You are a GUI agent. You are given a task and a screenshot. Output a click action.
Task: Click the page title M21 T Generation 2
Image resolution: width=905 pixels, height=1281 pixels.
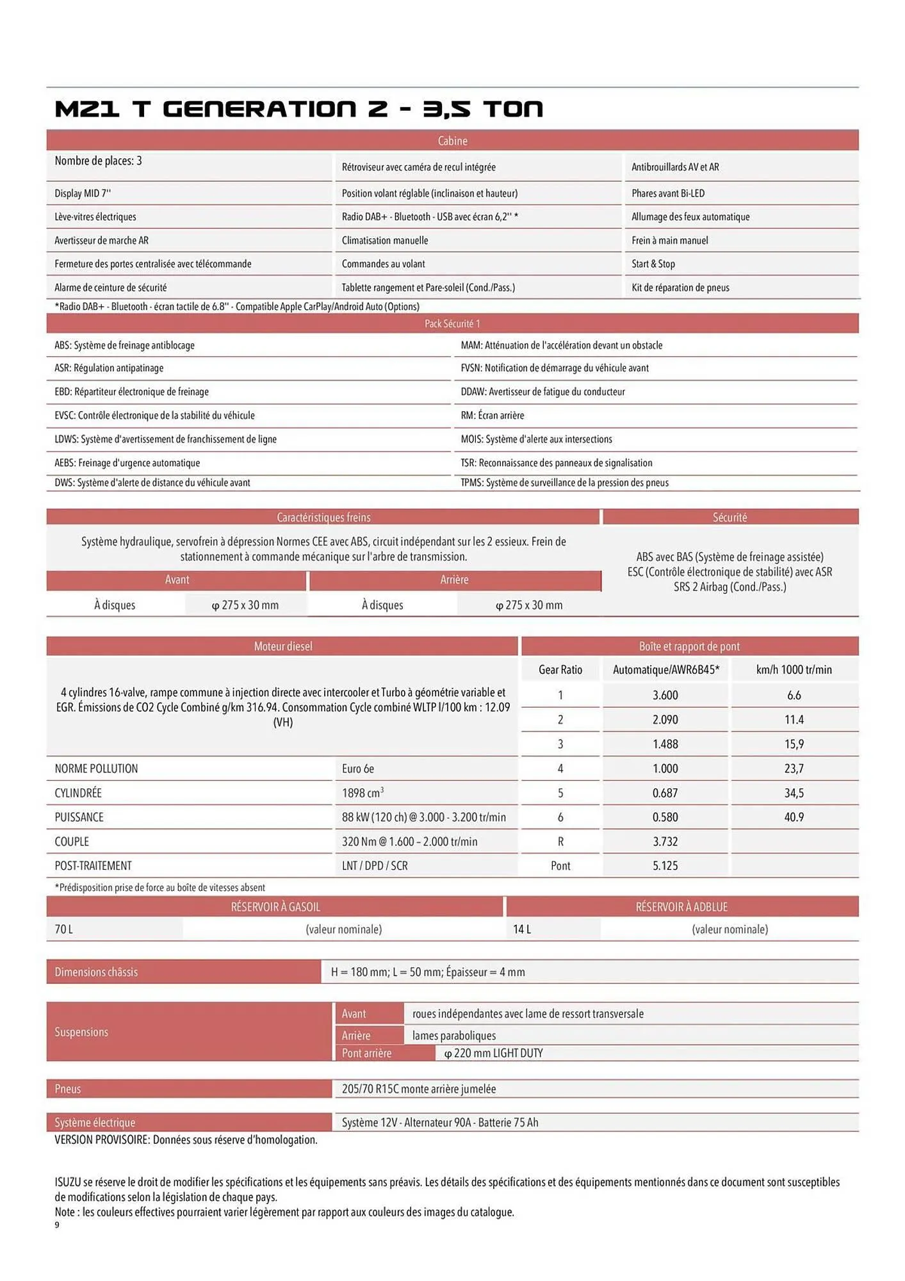pos(298,109)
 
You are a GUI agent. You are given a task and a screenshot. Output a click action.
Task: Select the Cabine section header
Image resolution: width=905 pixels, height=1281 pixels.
pos(452,141)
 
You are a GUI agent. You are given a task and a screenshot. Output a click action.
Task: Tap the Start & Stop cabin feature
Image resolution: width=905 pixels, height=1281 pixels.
pos(653,264)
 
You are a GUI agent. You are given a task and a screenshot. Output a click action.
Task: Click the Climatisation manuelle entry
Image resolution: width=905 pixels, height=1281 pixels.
pos(384,241)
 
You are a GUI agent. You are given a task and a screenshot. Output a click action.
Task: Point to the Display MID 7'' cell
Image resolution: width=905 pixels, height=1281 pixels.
pos(83,193)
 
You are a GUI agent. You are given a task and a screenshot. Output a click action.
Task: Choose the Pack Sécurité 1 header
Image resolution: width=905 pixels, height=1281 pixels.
pos(452,324)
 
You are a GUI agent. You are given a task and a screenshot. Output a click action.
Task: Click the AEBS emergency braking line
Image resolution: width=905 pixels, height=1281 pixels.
pos(127,463)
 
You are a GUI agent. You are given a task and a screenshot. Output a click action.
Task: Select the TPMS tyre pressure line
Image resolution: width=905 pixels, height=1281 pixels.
pos(564,483)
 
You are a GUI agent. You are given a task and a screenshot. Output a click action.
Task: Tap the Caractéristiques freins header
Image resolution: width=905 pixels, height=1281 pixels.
pos(323,518)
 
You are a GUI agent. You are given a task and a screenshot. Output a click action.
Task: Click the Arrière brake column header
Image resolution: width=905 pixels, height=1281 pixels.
pos(454,580)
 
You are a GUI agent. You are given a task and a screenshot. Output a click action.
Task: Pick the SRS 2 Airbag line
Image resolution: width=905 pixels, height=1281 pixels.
pos(730,587)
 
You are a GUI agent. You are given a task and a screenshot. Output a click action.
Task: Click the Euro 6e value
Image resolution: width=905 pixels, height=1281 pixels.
pos(358,769)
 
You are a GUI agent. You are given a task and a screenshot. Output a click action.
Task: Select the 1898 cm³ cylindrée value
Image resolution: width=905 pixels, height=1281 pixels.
pos(363,793)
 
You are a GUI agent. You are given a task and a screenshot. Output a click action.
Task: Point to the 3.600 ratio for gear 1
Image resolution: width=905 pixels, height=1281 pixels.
pos(665,695)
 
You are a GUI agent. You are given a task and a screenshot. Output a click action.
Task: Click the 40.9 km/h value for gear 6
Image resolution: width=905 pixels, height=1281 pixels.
pos(794,817)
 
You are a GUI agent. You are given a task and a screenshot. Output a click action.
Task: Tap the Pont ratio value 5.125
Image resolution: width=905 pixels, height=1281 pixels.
pos(665,866)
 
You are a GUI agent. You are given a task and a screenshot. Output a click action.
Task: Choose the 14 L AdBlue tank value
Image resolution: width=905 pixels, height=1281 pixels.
pos(522,929)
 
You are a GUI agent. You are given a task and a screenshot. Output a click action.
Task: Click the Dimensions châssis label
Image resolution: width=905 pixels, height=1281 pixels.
pos(96,972)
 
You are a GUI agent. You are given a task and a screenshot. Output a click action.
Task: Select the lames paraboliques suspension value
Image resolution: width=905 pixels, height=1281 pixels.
pos(453,1036)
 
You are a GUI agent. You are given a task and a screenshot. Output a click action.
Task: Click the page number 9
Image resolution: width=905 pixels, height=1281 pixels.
pos(57,1225)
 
